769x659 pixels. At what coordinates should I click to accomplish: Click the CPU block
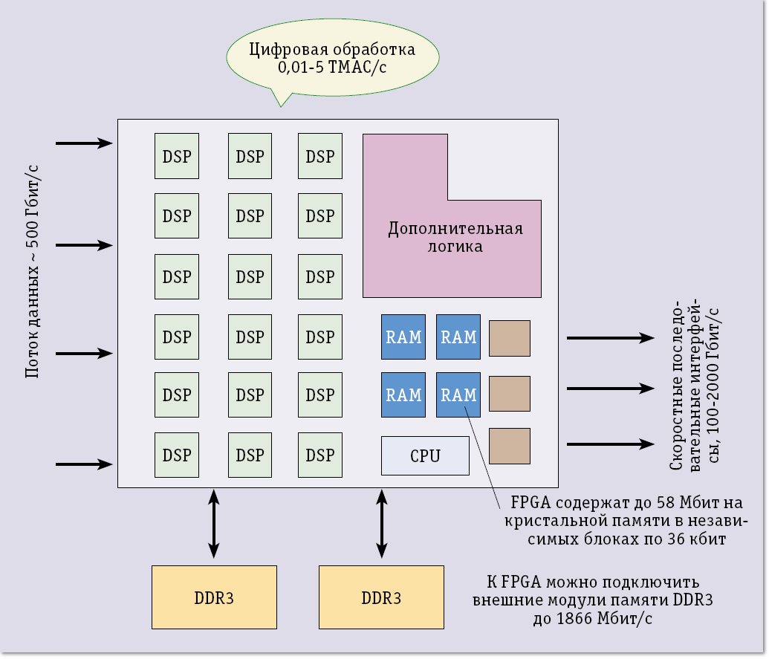pyautogui.click(x=425, y=455)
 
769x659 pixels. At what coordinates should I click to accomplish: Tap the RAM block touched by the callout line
pyautogui.click(x=458, y=395)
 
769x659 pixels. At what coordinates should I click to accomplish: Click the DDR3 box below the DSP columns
pyautogui.click(x=214, y=597)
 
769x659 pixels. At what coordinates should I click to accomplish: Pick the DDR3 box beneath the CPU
pyautogui.click(x=381, y=597)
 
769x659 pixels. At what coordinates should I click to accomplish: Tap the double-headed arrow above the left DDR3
pyautogui.click(x=214, y=523)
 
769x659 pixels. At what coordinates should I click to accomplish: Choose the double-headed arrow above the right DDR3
pyautogui.click(x=382, y=523)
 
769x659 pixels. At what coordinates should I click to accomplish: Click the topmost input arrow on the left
pyautogui.click(x=83, y=143)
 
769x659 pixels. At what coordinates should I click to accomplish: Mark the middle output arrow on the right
pyautogui.click(x=610, y=388)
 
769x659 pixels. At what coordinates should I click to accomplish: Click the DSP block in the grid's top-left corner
pyautogui.click(x=177, y=156)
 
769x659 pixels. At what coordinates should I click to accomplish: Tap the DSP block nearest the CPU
pyautogui.click(x=320, y=455)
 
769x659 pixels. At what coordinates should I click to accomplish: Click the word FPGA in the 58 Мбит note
pyautogui.click(x=530, y=501)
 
